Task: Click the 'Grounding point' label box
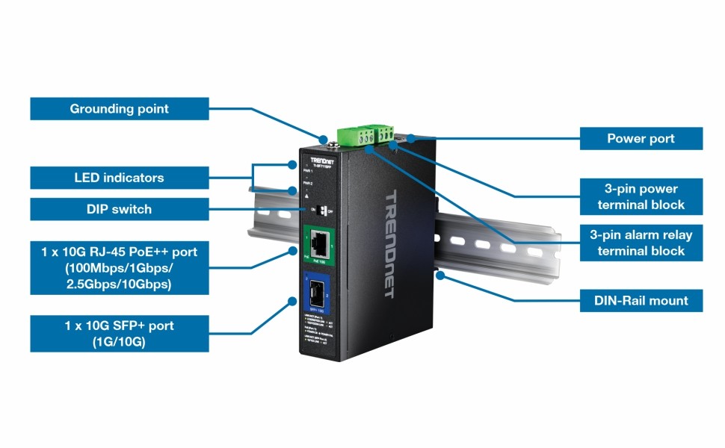pyautogui.click(x=120, y=109)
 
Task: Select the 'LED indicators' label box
pyautogui.click(x=120, y=178)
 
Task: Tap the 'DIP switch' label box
pyautogui.click(x=120, y=210)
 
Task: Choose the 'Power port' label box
pyautogui.click(x=641, y=139)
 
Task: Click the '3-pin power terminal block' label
pyautogui.click(x=641, y=196)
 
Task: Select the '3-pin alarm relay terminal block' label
pyautogui.click(x=641, y=243)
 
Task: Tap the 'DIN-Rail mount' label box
pyautogui.click(x=641, y=301)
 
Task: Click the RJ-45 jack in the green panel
pyautogui.click(x=318, y=241)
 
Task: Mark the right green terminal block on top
pyautogui.click(x=386, y=134)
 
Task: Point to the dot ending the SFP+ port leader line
pyautogui.click(x=291, y=302)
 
